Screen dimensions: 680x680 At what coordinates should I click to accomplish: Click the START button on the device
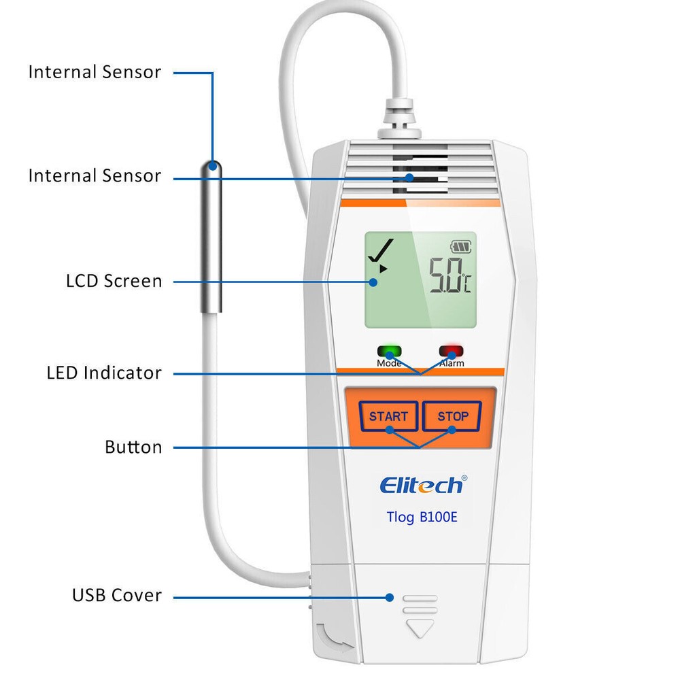point(388,416)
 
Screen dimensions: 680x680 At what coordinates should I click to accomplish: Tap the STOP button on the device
point(452,416)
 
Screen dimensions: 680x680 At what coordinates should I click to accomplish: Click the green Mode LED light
point(390,352)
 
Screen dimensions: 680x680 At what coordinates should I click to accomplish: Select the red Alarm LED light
point(450,352)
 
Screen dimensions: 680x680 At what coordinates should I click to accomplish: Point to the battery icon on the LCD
point(460,248)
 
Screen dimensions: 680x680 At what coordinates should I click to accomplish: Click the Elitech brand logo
point(422,485)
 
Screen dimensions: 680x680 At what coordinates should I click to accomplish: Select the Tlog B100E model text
point(422,517)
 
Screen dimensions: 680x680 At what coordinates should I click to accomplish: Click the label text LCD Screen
point(114,281)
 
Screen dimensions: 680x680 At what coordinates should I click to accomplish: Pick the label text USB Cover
point(117,595)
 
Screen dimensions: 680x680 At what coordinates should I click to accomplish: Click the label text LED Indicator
point(104,373)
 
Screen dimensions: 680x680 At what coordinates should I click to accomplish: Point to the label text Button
point(133,447)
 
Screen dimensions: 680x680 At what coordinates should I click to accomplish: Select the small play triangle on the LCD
point(384,269)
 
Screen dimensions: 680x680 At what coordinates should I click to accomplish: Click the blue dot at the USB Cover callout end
point(390,597)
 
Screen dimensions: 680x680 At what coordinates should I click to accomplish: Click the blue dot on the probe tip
point(213,165)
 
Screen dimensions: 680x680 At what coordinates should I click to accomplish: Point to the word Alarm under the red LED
point(452,364)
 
